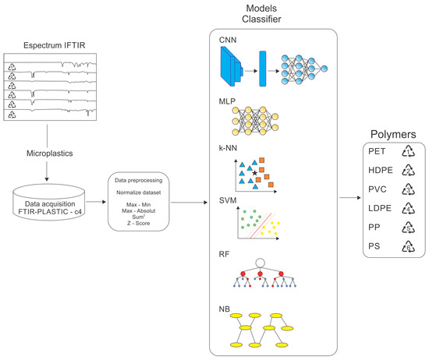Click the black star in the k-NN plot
tap(254, 171)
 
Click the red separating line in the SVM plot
tap(262, 221)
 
